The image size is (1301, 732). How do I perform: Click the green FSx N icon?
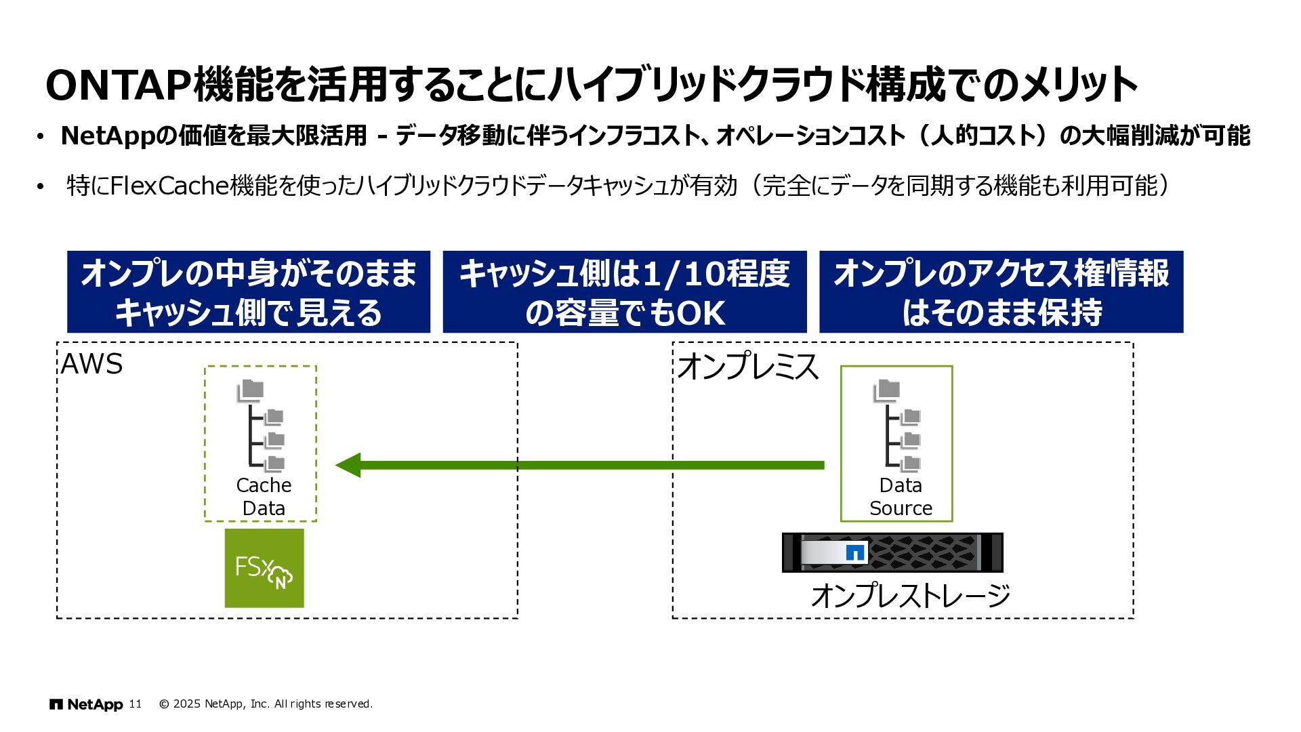[x=264, y=568]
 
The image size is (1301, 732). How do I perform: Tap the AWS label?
[x=91, y=365]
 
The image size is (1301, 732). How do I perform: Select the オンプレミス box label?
[x=747, y=366]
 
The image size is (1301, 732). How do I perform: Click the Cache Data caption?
[x=264, y=497]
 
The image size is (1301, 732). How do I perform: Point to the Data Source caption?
[x=901, y=497]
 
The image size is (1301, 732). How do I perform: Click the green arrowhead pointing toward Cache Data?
[x=348, y=465]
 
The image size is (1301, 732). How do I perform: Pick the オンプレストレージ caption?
[x=910, y=596]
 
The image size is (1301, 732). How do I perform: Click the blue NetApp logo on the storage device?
[x=856, y=552]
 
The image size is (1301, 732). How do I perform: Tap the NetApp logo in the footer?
[x=86, y=704]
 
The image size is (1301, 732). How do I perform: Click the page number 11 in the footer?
[x=136, y=704]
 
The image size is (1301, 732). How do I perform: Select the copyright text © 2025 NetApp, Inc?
[x=266, y=704]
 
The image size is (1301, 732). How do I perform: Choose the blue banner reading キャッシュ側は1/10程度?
[x=625, y=292]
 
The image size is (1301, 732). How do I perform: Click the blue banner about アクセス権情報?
[x=1001, y=292]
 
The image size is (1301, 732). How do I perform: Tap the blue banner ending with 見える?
[x=249, y=292]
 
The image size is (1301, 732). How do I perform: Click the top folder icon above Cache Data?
[x=251, y=390]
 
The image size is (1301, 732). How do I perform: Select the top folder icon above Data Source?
[x=886, y=390]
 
